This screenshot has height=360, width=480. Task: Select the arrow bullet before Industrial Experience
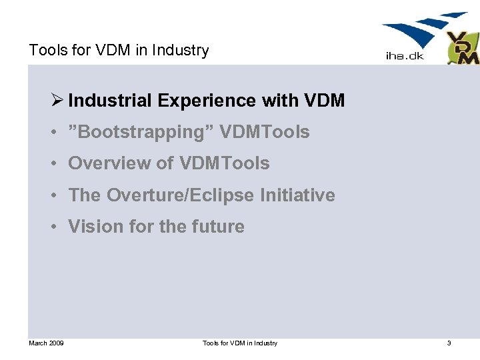(56, 101)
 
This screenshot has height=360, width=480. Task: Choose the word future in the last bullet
(218, 227)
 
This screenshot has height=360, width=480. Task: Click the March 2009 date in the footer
(46, 343)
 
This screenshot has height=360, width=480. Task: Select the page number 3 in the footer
(449, 343)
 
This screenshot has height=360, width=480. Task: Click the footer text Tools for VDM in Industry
(240, 343)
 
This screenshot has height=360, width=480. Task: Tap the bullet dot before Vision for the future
(52, 227)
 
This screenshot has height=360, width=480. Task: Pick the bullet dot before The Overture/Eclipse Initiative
(52, 196)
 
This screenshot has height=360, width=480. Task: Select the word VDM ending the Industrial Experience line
(324, 101)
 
